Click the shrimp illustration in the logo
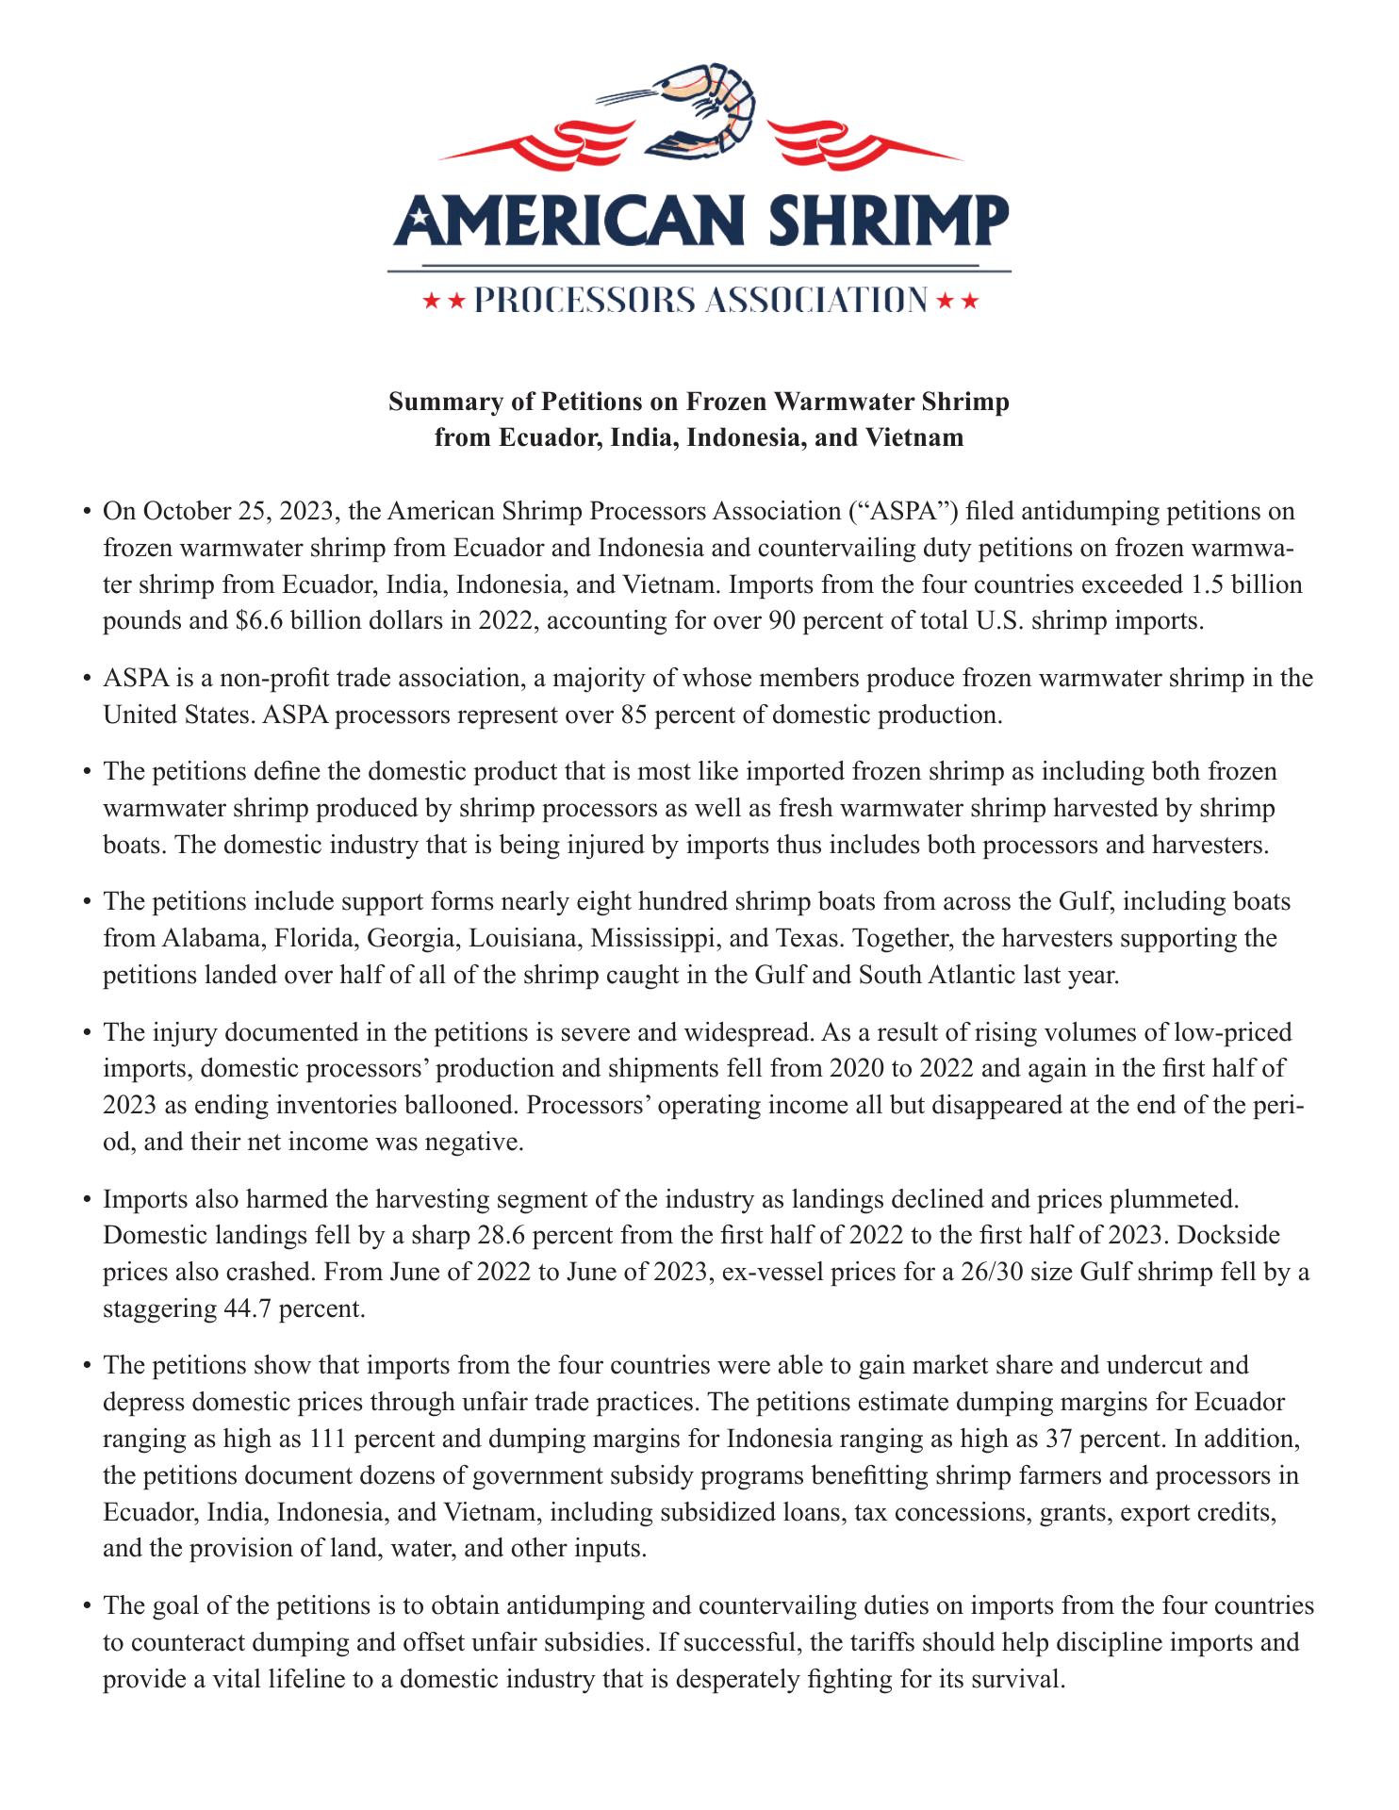pos(702,111)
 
